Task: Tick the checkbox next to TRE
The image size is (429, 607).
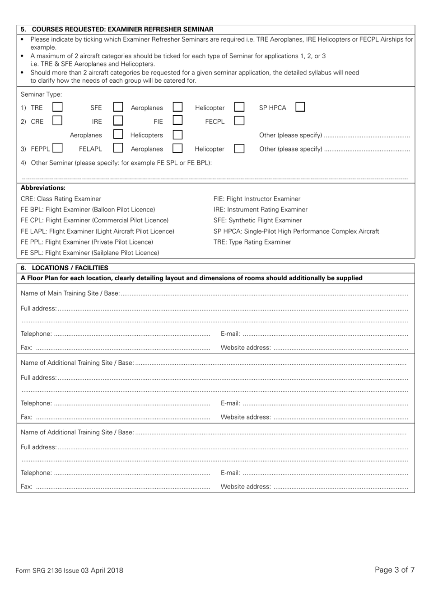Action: pos(57,107)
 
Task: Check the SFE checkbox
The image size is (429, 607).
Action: pos(118,107)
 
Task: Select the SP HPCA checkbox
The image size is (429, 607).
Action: pos(300,107)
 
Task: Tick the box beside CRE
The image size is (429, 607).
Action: pos(57,121)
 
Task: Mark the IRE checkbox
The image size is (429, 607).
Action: pos(118,121)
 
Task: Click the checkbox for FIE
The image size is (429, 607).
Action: pos(178,121)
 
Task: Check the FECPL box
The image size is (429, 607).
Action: pos(239,121)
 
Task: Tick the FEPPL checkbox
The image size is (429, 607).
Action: pos(57,148)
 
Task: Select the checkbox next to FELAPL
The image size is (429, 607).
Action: pos(118,148)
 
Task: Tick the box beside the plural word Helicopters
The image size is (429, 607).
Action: pos(178,135)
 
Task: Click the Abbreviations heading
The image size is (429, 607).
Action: pos(43,188)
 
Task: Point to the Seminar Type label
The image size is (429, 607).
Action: pos(41,94)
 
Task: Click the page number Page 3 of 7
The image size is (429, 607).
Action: pos(394,569)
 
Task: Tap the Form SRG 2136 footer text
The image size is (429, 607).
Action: pos(69,570)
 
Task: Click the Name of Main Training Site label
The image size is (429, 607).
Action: pos(70,293)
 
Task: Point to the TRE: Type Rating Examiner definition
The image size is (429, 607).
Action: pos(252,242)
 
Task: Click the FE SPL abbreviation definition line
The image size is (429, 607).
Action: pos(90,253)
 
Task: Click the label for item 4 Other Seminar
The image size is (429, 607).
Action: pos(116,163)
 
